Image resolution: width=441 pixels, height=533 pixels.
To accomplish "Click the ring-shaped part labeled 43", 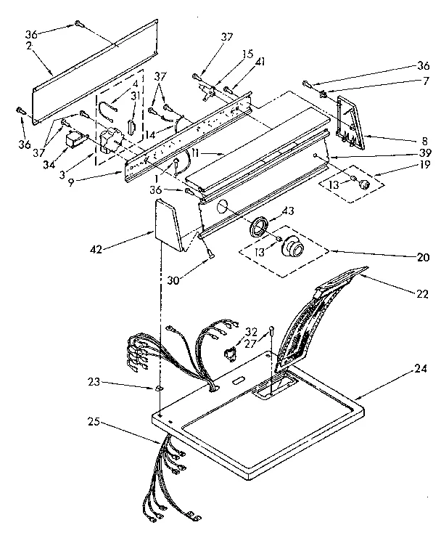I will (x=258, y=227).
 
